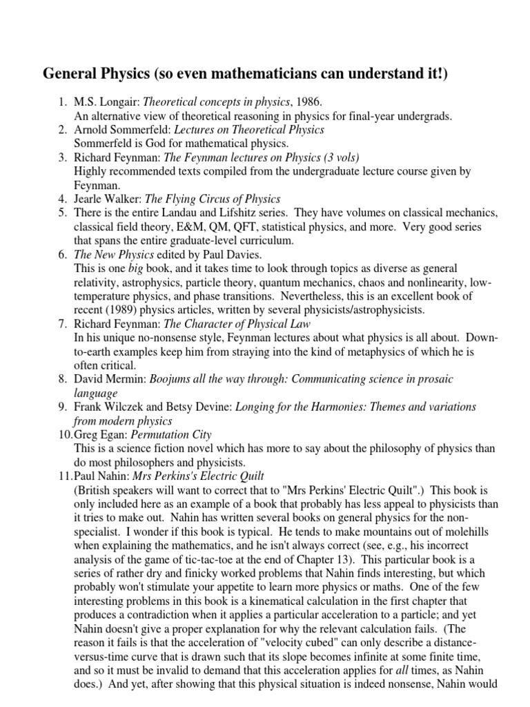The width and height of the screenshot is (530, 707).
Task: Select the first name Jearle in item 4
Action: [90, 199]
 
